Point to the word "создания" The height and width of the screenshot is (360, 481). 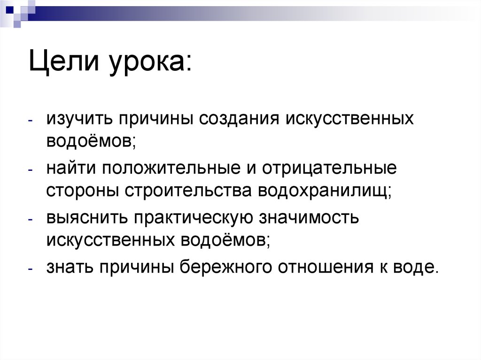[x=238, y=119]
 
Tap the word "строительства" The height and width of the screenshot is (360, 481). [x=183, y=191]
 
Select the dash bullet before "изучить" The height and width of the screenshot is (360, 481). [x=30, y=121]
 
